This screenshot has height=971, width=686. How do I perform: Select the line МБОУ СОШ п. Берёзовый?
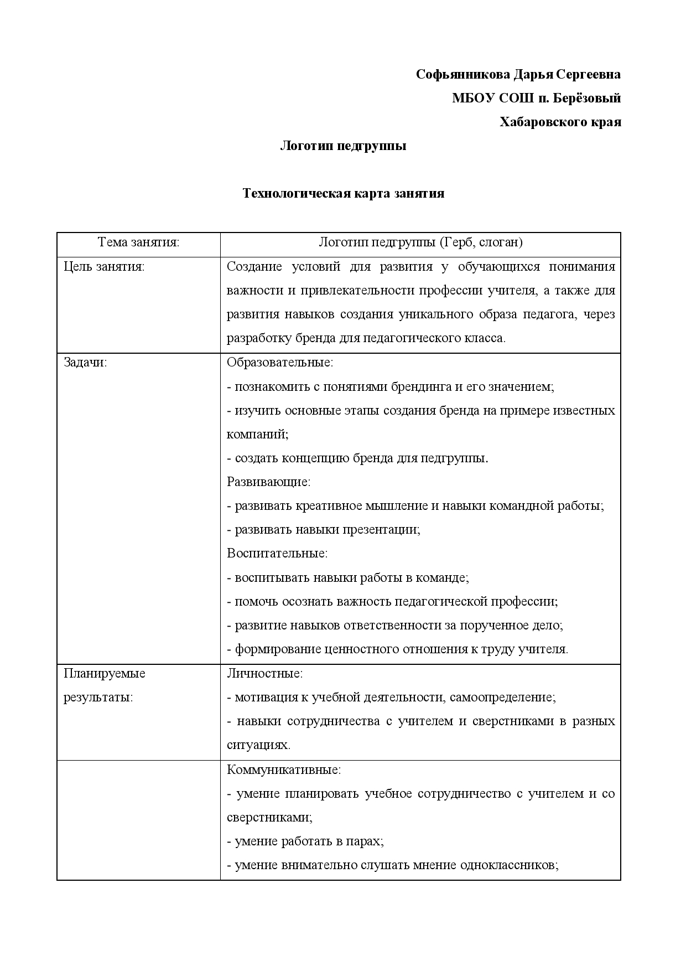click(x=536, y=99)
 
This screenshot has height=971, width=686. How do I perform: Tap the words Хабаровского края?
click(x=560, y=122)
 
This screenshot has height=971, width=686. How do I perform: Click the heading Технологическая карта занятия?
click(x=343, y=194)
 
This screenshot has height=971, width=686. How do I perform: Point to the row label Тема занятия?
click(x=138, y=242)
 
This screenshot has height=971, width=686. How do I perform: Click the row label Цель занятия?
click(x=104, y=267)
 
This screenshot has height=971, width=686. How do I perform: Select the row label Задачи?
click(x=85, y=363)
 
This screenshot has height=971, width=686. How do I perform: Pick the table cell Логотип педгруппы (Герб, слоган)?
click(x=420, y=242)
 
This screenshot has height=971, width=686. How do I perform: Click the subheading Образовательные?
click(x=280, y=363)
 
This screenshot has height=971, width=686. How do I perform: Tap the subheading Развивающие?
click(x=269, y=482)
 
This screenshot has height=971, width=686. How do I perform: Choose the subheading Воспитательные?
click(x=277, y=553)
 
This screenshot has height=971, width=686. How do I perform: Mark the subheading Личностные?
click(x=265, y=674)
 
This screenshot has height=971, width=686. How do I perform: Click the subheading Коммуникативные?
click(x=284, y=769)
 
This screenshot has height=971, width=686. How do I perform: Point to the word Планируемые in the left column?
click(x=105, y=674)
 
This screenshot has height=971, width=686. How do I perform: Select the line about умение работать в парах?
click(x=305, y=841)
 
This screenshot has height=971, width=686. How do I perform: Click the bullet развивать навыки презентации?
click(x=324, y=529)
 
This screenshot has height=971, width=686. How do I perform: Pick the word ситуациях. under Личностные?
click(x=258, y=745)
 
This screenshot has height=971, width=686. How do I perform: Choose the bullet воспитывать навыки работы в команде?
click(x=348, y=577)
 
